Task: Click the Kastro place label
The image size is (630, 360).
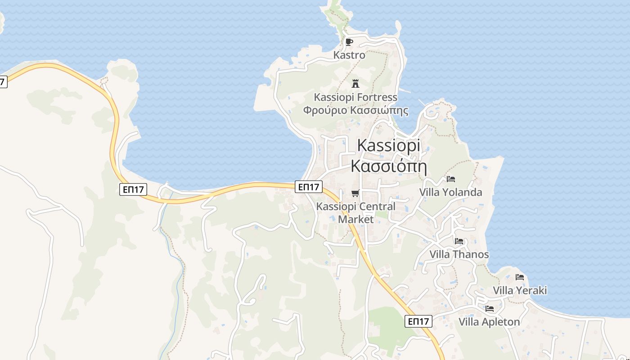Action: [x=349, y=55]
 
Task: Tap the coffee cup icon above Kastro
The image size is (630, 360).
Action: [x=349, y=42]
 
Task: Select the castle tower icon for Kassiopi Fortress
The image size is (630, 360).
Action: [x=355, y=83]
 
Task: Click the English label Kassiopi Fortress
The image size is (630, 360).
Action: [x=355, y=97]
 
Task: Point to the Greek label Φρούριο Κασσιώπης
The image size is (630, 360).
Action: [x=355, y=110]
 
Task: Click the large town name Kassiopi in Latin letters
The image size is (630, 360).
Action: [x=388, y=145]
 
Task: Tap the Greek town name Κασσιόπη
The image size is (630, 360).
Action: [x=388, y=166]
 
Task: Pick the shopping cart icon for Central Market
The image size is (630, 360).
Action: [x=355, y=193]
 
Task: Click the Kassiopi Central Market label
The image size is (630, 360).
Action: [x=356, y=213]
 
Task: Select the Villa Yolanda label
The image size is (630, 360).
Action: [x=450, y=192]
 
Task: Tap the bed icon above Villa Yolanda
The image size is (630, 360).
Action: [x=450, y=179]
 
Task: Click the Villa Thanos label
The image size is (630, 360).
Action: [x=459, y=254]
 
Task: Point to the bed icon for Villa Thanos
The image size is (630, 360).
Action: [x=459, y=241]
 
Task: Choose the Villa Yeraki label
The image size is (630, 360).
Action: [x=520, y=290]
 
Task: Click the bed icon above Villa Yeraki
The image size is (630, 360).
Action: [x=520, y=277]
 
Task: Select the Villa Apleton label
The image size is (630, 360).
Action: [x=489, y=322]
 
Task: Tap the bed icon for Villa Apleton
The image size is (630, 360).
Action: [x=489, y=309]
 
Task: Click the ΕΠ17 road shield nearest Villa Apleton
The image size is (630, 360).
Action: [x=418, y=321]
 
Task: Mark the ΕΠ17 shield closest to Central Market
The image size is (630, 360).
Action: [x=309, y=186]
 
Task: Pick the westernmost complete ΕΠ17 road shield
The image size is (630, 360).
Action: [x=134, y=189]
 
